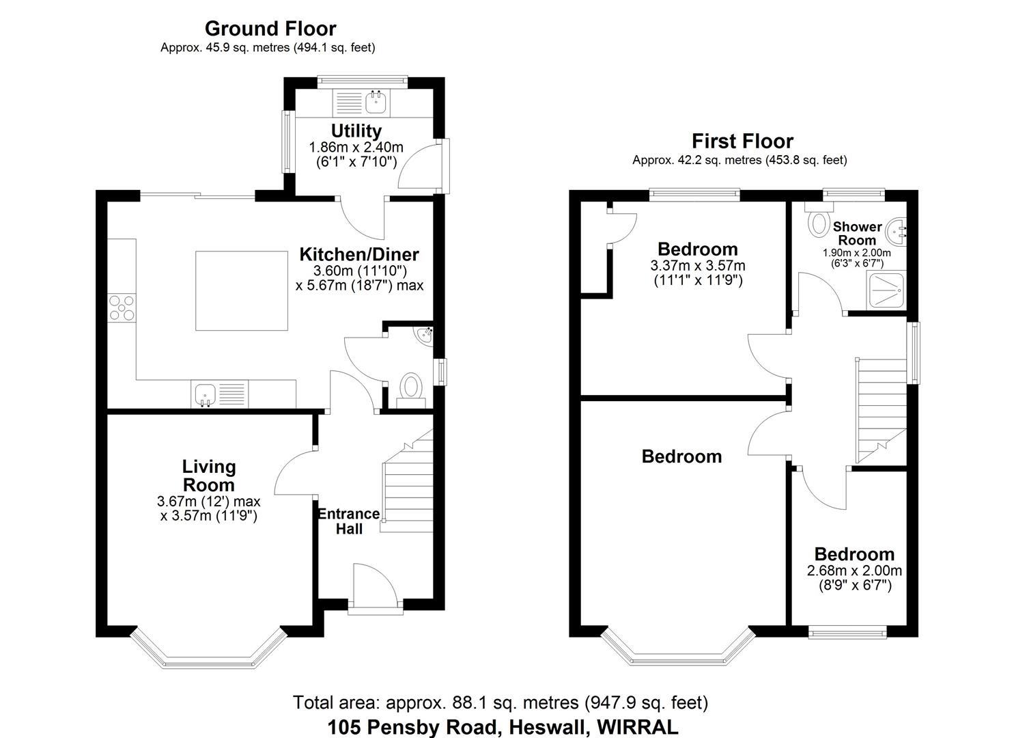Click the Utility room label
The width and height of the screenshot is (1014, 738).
pyautogui.click(x=356, y=131)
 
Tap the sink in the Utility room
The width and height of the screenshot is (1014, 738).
pyautogui.click(x=376, y=103)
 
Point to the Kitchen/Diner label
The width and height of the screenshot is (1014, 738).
pyautogui.click(x=359, y=255)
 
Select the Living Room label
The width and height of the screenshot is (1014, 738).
pyautogui.click(x=209, y=476)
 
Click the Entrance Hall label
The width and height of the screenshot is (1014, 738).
pyautogui.click(x=349, y=521)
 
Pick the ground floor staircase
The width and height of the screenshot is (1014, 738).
pyautogui.click(x=408, y=485)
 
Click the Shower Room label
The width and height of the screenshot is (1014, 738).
pyautogui.click(x=857, y=233)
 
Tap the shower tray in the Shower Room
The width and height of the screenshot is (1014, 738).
pyautogui.click(x=887, y=291)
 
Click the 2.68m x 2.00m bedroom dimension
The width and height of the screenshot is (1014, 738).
pyautogui.click(x=854, y=571)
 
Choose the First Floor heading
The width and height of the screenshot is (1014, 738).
pyautogui.click(x=742, y=141)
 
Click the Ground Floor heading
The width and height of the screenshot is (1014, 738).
pyautogui.click(x=270, y=29)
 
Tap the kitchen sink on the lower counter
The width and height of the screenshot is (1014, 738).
pyautogui.click(x=206, y=394)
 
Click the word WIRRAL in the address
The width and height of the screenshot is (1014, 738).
pyautogui.click(x=638, y=727)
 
